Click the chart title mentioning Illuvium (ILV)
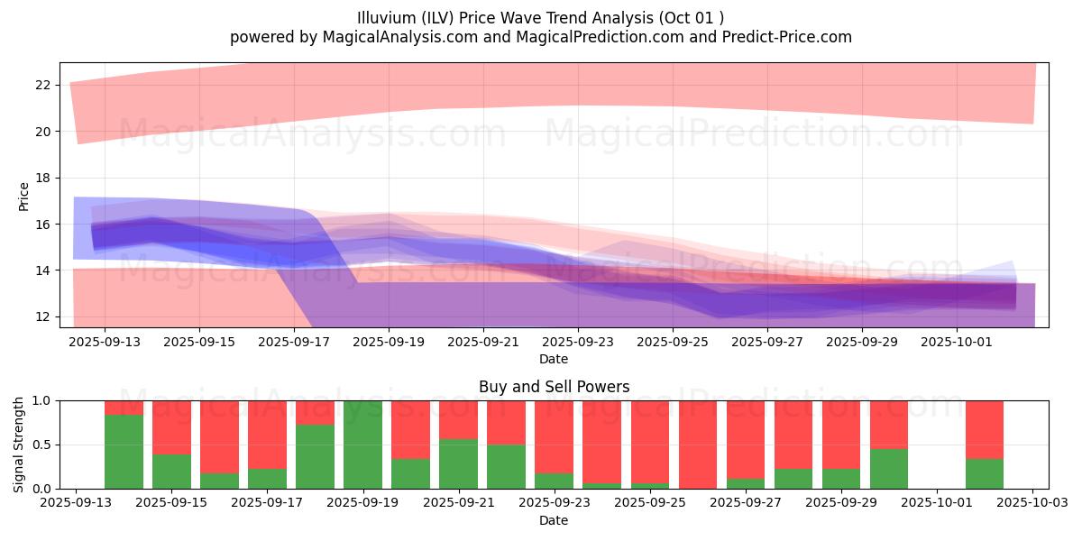point(540,18)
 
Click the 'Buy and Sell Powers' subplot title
point(554,387)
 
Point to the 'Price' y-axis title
point(24,196)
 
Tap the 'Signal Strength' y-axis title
point(19,444)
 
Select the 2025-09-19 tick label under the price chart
point(390,342)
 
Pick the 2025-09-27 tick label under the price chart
point(767,342)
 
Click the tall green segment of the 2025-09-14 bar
point(124,451)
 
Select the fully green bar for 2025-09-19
point(362,445)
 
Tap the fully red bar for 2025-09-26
point(698,445)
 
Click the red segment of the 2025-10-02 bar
point(985,429)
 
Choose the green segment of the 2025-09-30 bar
point(889,469)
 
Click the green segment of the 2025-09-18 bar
point(315,456)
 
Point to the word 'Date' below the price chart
point(554,359)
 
